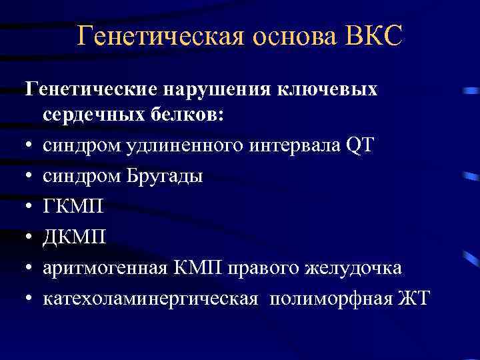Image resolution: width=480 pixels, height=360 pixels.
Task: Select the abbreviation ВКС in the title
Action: click(375, 36)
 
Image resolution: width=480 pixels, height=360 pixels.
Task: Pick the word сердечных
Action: click(91, 115)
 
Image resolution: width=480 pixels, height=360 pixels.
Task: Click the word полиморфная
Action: click(329, 299)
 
